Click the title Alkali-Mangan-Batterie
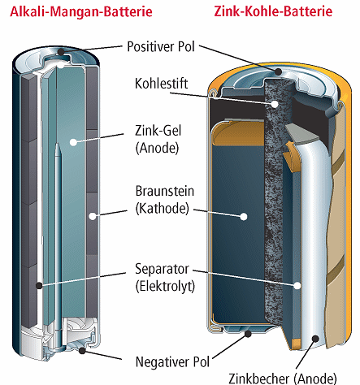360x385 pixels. point(81,11)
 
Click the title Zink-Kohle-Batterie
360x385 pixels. point(273,11)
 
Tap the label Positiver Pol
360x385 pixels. point(161,46)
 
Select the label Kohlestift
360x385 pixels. point(161,84)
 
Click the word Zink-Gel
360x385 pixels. point(158,131)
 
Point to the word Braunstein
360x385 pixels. point(165,191)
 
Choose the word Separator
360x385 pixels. point(162,269)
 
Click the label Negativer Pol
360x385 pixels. point(172,361)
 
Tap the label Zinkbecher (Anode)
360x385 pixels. point(283,379)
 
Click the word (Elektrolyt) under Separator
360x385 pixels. point(165,286)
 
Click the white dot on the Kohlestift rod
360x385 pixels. point(275,104)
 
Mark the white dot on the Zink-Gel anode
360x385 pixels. point(73,142)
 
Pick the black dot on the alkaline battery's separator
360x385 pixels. point(39,285)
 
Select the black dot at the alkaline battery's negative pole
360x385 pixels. point(82,351)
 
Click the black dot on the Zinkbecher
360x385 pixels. point(315,339)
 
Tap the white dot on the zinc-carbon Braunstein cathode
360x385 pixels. point(244,217)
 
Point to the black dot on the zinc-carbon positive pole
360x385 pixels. point(278,71)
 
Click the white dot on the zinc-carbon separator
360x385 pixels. point(297,285)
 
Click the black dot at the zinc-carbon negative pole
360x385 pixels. point(248,334)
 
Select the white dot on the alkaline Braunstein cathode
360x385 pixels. point(93,216)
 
